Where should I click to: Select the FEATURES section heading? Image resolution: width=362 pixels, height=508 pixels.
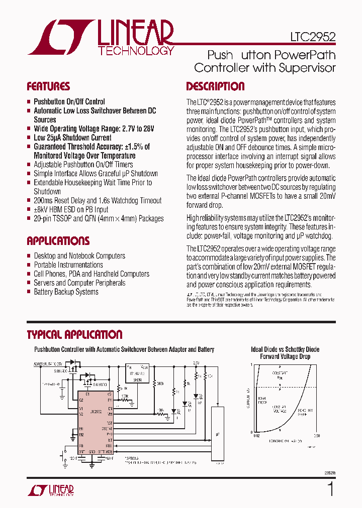[48, 86]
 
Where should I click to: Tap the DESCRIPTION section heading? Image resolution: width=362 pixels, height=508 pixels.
[215, 86]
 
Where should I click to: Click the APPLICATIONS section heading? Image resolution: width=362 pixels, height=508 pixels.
[58, 240]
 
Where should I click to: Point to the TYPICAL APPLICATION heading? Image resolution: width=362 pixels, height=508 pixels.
[74, 335]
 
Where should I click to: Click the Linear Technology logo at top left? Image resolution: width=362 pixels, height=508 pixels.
[101, 37]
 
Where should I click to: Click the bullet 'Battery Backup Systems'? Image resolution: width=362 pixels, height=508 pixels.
[66, 292]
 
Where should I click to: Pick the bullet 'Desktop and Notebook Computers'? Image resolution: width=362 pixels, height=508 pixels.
[79, 256]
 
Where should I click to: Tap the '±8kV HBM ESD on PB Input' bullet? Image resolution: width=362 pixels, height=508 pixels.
[71, 209]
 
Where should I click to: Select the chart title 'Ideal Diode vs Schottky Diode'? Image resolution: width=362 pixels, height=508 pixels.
[285, 349]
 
